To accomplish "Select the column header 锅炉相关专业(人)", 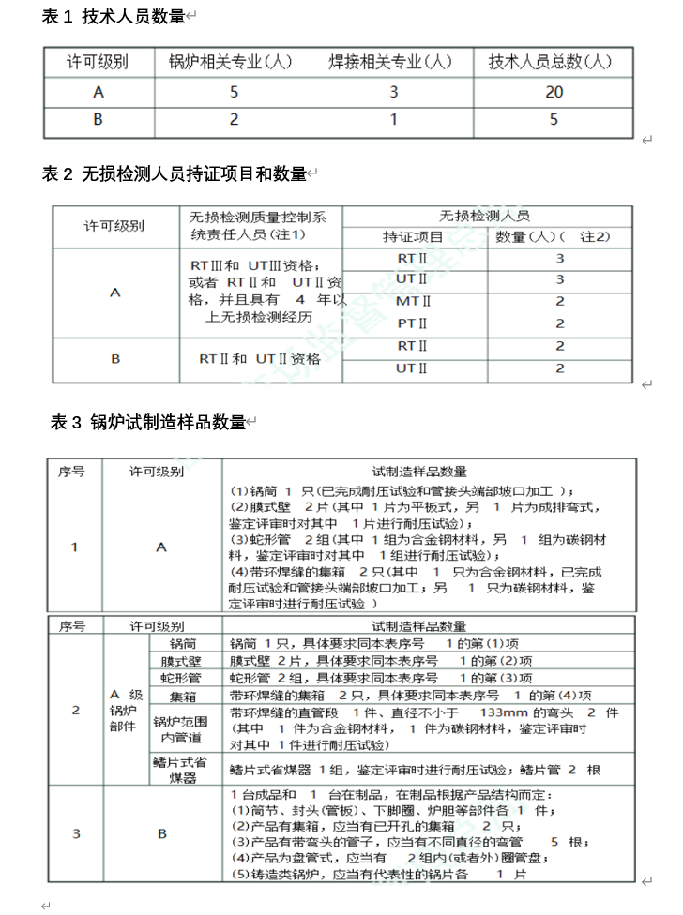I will click(230, 63).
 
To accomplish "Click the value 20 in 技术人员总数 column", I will click(554, 92).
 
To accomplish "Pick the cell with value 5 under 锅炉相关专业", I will click(234, 92).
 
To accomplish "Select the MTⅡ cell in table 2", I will click(414, 301).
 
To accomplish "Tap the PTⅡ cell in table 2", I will click(414, 323).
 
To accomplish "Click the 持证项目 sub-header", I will click(414, 236).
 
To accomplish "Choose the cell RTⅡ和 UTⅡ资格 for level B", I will click(260, 358).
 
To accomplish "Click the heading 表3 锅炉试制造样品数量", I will click(148, 422).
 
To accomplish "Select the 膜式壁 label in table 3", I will click(184, 661).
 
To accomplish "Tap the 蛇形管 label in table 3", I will click(184, 678).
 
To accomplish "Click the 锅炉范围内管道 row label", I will click(184, 729).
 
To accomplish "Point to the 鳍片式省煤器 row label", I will click(184, 771).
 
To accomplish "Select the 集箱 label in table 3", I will click(184, 696).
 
